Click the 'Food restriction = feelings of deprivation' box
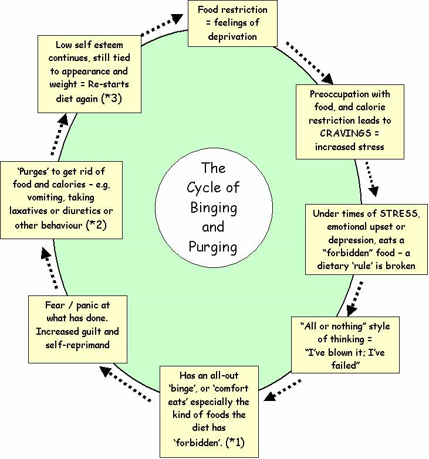coord(232,23)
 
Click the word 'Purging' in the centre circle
coord(212,247)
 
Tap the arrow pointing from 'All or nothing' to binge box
coord(283,390)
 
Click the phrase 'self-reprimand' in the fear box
coord(77,345)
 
